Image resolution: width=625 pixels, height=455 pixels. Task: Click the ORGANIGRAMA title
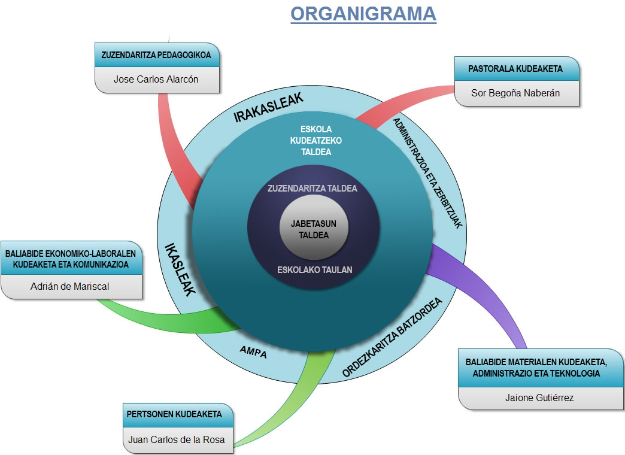tap(363, 14)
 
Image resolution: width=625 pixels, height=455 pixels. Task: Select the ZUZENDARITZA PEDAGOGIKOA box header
tap(156, 55)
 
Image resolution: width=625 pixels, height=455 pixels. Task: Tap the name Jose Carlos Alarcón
tap(156, 79)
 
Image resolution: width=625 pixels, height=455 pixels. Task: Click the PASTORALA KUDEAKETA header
tap(515, 69)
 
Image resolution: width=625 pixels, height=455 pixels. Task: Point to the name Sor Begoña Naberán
tap(515, 93)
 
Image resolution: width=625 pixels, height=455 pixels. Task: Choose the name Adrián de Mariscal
tap(70, 286)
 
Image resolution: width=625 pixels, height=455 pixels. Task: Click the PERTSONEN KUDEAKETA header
tap(174, 414)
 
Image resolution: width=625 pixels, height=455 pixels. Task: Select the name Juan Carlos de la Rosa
tap(176, 439)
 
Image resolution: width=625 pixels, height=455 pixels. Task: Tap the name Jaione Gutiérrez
tap(539, 398)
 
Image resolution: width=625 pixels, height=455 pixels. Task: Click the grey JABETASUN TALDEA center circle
tap(314, 227)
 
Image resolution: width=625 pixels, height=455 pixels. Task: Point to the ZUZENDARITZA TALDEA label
tap(312, 188)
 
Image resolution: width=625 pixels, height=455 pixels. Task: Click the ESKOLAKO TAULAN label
tap(314, 270)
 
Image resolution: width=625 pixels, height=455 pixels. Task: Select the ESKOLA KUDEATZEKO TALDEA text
tap(315, 140)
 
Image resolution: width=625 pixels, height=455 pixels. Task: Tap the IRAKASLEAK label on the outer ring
tap(268, 107)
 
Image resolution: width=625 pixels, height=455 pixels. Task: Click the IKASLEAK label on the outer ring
tap(180, 269)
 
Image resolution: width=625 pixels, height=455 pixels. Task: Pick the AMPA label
tap(253, 351)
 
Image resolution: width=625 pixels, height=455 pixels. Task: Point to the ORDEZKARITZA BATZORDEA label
tap(392, 338)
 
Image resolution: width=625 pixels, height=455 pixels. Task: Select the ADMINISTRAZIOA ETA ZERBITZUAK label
tap(427, 173)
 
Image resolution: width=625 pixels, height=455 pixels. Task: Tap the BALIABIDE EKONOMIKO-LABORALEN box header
tap(71, 259)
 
